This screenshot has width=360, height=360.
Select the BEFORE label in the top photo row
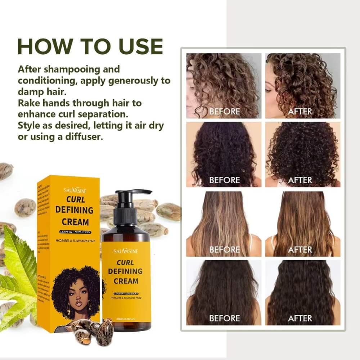pyautogui.click(x=224, y=112)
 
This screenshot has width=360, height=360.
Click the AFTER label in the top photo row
pyautogui.click(x=300, y=112)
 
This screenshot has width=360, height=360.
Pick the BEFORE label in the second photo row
pyautogui.click(x=224, y=180)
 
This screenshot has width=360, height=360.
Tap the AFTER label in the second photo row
pyautogui.click(x=300, y=180)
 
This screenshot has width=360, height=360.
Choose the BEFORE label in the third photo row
pyautogui.click(x=224, y=249)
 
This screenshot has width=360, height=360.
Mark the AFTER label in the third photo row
pyautogui.click(x=300, y=249)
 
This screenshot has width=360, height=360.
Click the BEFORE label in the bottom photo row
pyautogui.click(x=224, y=318)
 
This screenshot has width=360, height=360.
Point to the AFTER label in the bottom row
pyautogui.click(x=300, y=318)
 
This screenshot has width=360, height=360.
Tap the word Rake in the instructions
pyautogui.click(x=29, y=103)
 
